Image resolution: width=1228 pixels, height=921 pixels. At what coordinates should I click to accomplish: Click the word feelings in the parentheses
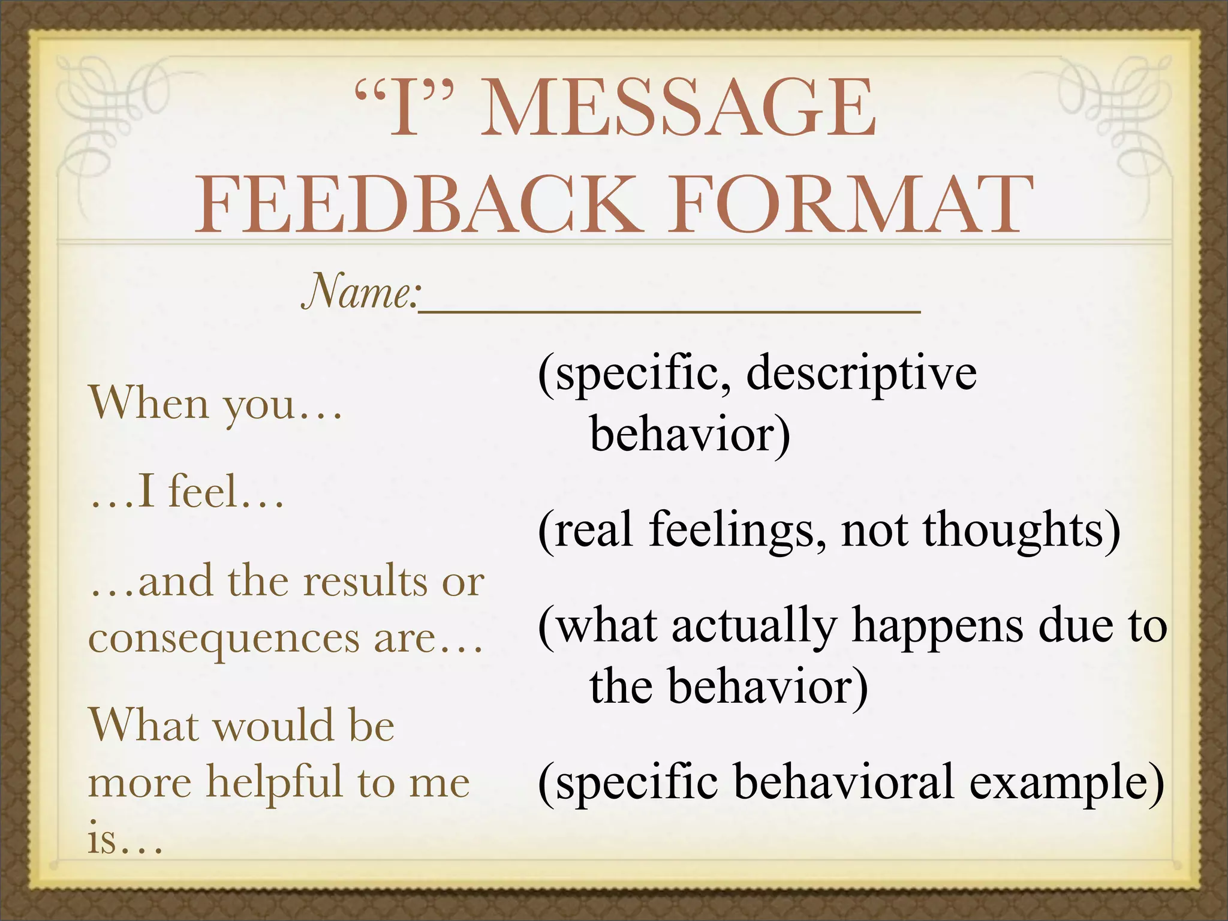pyautogui.click(x=738, y=530)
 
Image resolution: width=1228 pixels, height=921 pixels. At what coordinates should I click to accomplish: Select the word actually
pyautogui.click(x=753, y=626)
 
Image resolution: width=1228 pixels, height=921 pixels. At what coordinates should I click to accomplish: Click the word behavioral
pyautogui.click(x=843, y=782)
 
